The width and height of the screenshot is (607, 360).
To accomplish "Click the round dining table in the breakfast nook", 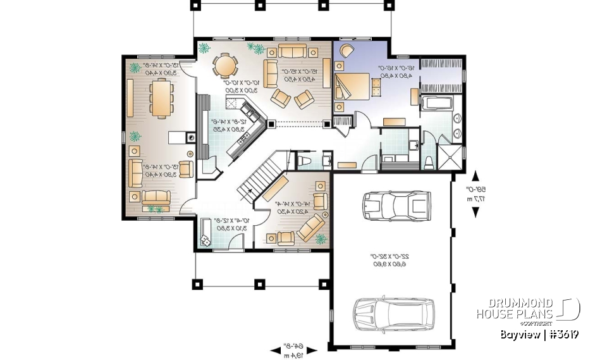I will pos(224,65).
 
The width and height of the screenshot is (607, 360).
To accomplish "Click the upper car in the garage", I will pos(395,204).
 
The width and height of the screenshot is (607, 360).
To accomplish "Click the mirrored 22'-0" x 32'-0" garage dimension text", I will pos(388,260).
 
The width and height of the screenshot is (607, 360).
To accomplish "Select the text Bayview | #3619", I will pos(539,334).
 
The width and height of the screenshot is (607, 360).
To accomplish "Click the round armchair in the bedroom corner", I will pos(346,51).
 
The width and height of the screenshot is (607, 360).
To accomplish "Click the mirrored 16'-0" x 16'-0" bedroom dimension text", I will pos(396,71).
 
